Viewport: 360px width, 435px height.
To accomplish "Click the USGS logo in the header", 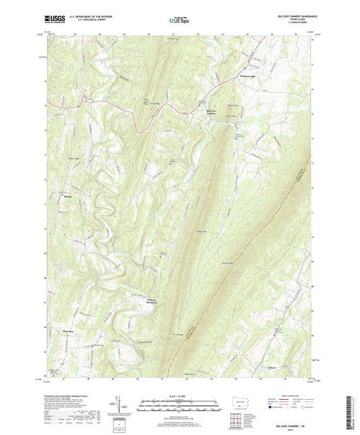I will pyautogui.click(x=55, y=18).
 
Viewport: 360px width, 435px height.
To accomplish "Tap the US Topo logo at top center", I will pyautogui.click(x=179, y=20).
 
